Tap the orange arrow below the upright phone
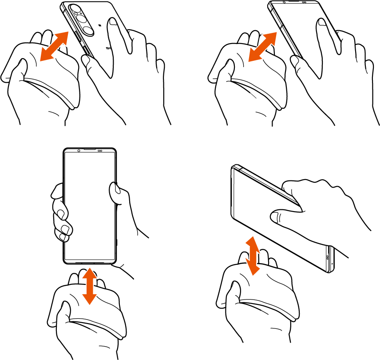(x=90, y=285)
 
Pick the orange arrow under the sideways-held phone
(x=252, y=256)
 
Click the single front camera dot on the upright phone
(x=78, y=151)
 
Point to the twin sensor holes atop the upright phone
(x=101, y=151)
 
